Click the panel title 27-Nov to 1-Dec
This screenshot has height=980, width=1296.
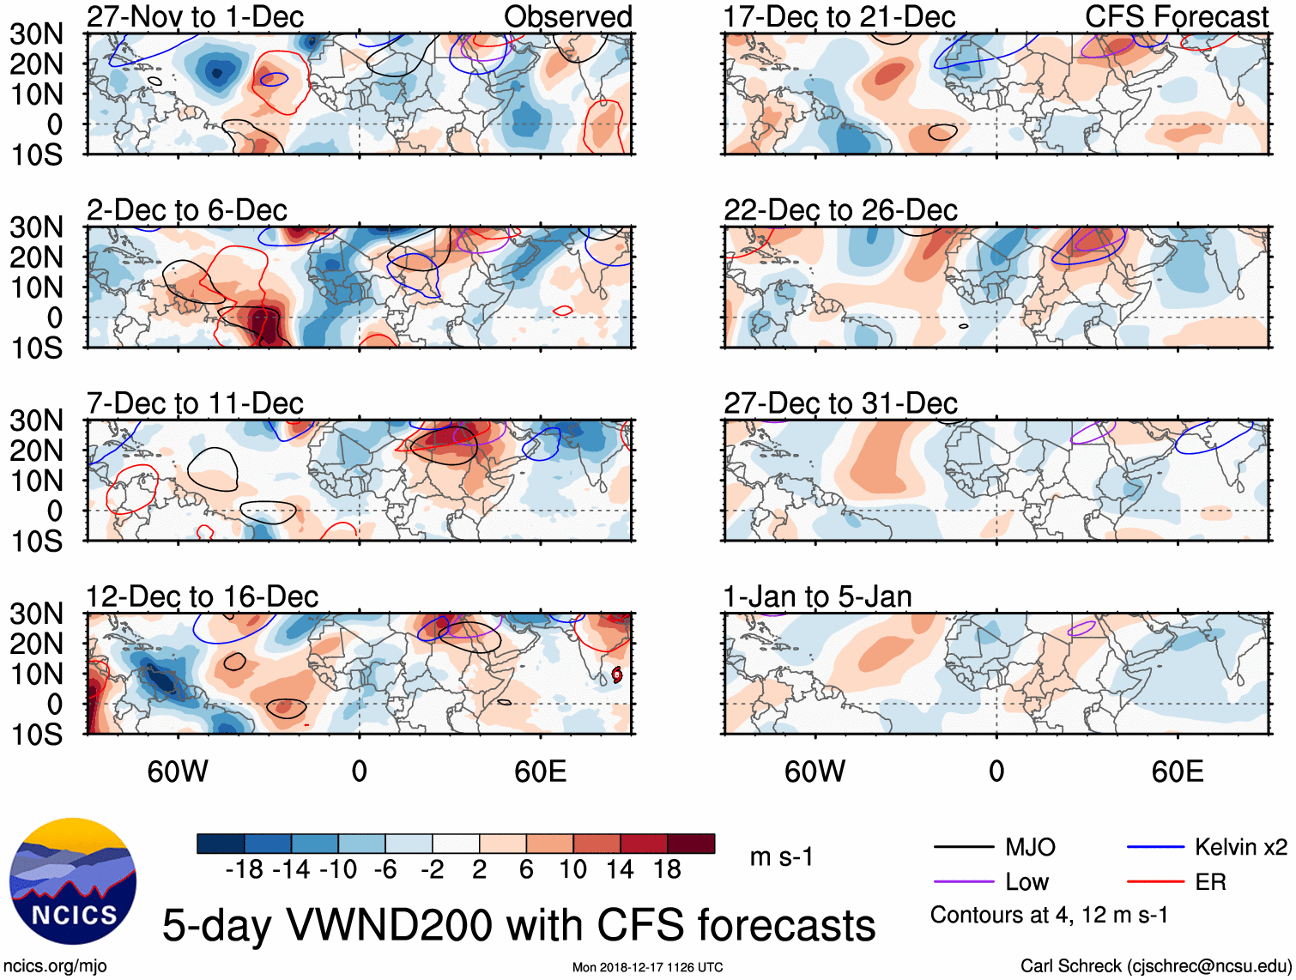195,16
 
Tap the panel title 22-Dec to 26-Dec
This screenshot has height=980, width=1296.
840,210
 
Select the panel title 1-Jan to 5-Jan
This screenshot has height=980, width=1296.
817,596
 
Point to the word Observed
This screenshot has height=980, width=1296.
567,16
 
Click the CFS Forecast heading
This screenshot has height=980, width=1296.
1176,16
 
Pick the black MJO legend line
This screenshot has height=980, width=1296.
963,848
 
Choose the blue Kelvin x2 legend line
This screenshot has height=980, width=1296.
1155,848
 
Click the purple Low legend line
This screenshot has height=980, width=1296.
963,882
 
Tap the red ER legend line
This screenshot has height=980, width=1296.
1155,882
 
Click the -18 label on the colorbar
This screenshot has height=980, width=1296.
245,870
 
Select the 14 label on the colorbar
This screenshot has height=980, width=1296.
620,870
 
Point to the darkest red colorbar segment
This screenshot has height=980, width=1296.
691,844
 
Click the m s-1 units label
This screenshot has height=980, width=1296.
781,857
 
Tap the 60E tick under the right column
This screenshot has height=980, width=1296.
1177,771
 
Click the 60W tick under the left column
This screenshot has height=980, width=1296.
178,771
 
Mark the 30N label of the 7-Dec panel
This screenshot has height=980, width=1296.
37,420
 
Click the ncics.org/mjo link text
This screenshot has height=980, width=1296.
55,966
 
